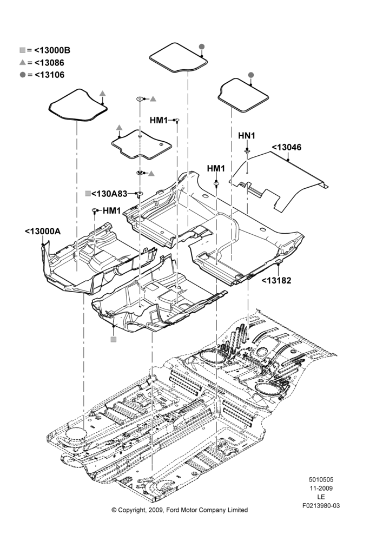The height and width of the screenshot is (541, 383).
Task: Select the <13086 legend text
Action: [49, 63]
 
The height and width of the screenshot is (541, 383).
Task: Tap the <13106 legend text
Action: [49, 75]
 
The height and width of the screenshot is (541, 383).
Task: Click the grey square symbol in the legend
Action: [22, 50]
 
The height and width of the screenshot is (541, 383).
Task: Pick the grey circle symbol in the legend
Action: [22, 75]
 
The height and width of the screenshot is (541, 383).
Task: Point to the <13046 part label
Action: [286, 147]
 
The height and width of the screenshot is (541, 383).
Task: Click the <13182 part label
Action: [276, 280]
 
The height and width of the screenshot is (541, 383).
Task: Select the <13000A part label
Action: [42, 231]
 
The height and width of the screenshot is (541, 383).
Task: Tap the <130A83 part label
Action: [109, 194]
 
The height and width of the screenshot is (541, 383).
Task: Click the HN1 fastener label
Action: [247, 136]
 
